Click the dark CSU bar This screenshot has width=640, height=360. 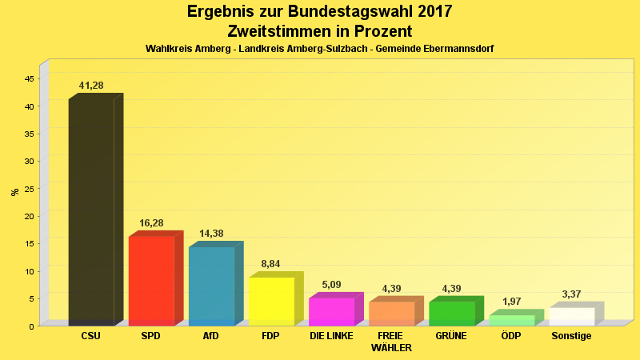click(x=91, y=212)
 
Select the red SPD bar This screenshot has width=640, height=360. click(x=151, y=280)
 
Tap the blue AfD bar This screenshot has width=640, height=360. click(x=211, y=286)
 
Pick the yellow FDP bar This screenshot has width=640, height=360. click(x=271, y=301)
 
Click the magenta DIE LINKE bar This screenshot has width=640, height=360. click(x=331, y=311)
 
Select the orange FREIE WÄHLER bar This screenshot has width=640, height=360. click(x=391, y=313)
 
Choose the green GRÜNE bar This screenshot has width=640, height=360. click(x=451, y=313)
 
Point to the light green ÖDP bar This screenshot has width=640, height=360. click(x=511, y=320)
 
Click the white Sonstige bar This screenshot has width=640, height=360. click(x=571, y=316)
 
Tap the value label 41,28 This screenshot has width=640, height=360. click(x=91, y=86)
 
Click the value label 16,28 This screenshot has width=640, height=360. click(x=151, y=222)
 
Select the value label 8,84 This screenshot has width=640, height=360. click(x=271, y=263)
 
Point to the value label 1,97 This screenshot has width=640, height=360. click(x=511, y=302)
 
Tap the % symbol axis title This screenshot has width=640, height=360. click(x=14, y=191)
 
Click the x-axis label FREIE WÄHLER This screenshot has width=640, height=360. click(x=391, y=342)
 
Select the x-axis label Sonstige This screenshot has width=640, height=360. click(x=571, y=336)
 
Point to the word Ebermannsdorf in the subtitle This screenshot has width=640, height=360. click(x=458, y=49)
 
